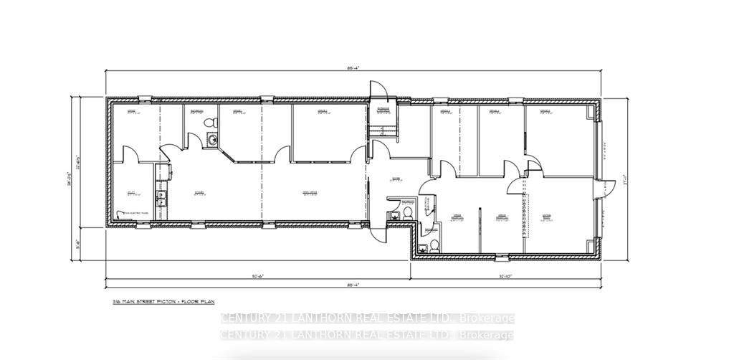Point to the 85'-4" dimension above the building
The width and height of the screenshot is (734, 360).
click(352, 67)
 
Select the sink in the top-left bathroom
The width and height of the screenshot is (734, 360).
click(211, 138)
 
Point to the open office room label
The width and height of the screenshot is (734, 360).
click(310, 193)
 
